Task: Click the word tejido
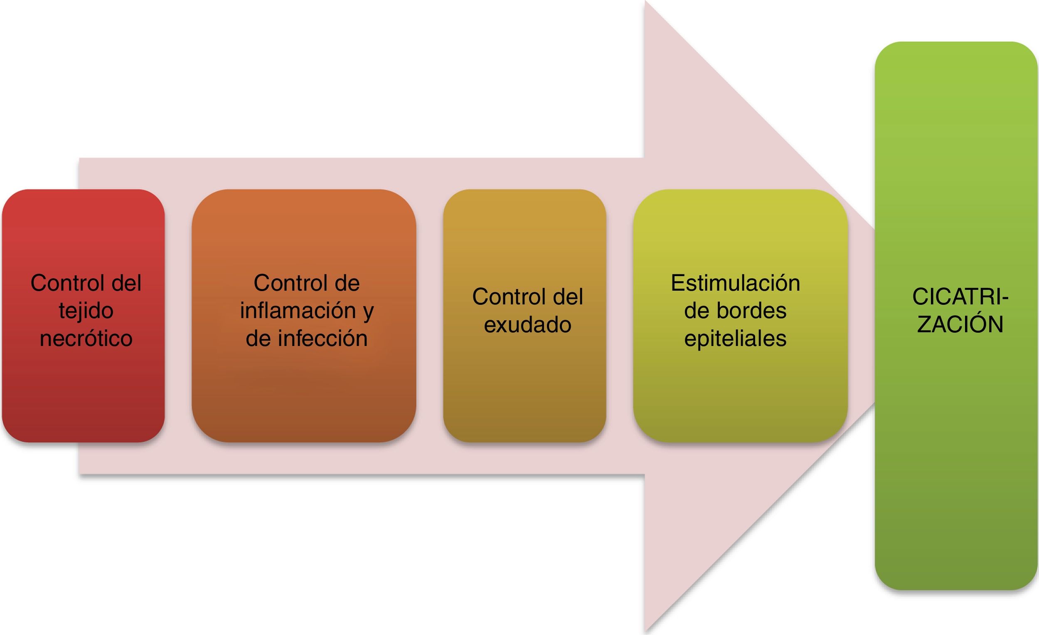pos(86,311)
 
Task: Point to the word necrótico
pos(86,339)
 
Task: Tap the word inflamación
pos(298,311)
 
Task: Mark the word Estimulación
pos(735,283)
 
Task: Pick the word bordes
pos(752,311)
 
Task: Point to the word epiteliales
pos(735,339)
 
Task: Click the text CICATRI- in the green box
pos(960,297)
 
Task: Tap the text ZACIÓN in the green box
pos(960,325)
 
